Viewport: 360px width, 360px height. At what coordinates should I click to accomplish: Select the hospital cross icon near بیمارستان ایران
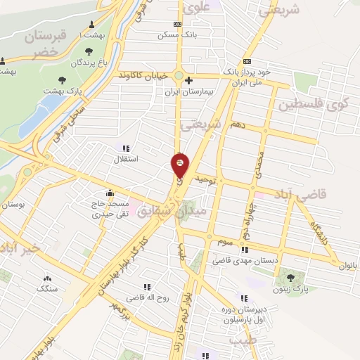tap(188, 80)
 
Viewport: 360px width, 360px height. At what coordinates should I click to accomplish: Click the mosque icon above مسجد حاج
tap(110, 193)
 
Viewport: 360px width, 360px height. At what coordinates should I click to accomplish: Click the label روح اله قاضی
tap(148, 298)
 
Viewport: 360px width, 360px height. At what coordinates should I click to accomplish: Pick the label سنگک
tap(48, 289)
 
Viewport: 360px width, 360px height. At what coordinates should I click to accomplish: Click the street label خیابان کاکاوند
tap(142, 74)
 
